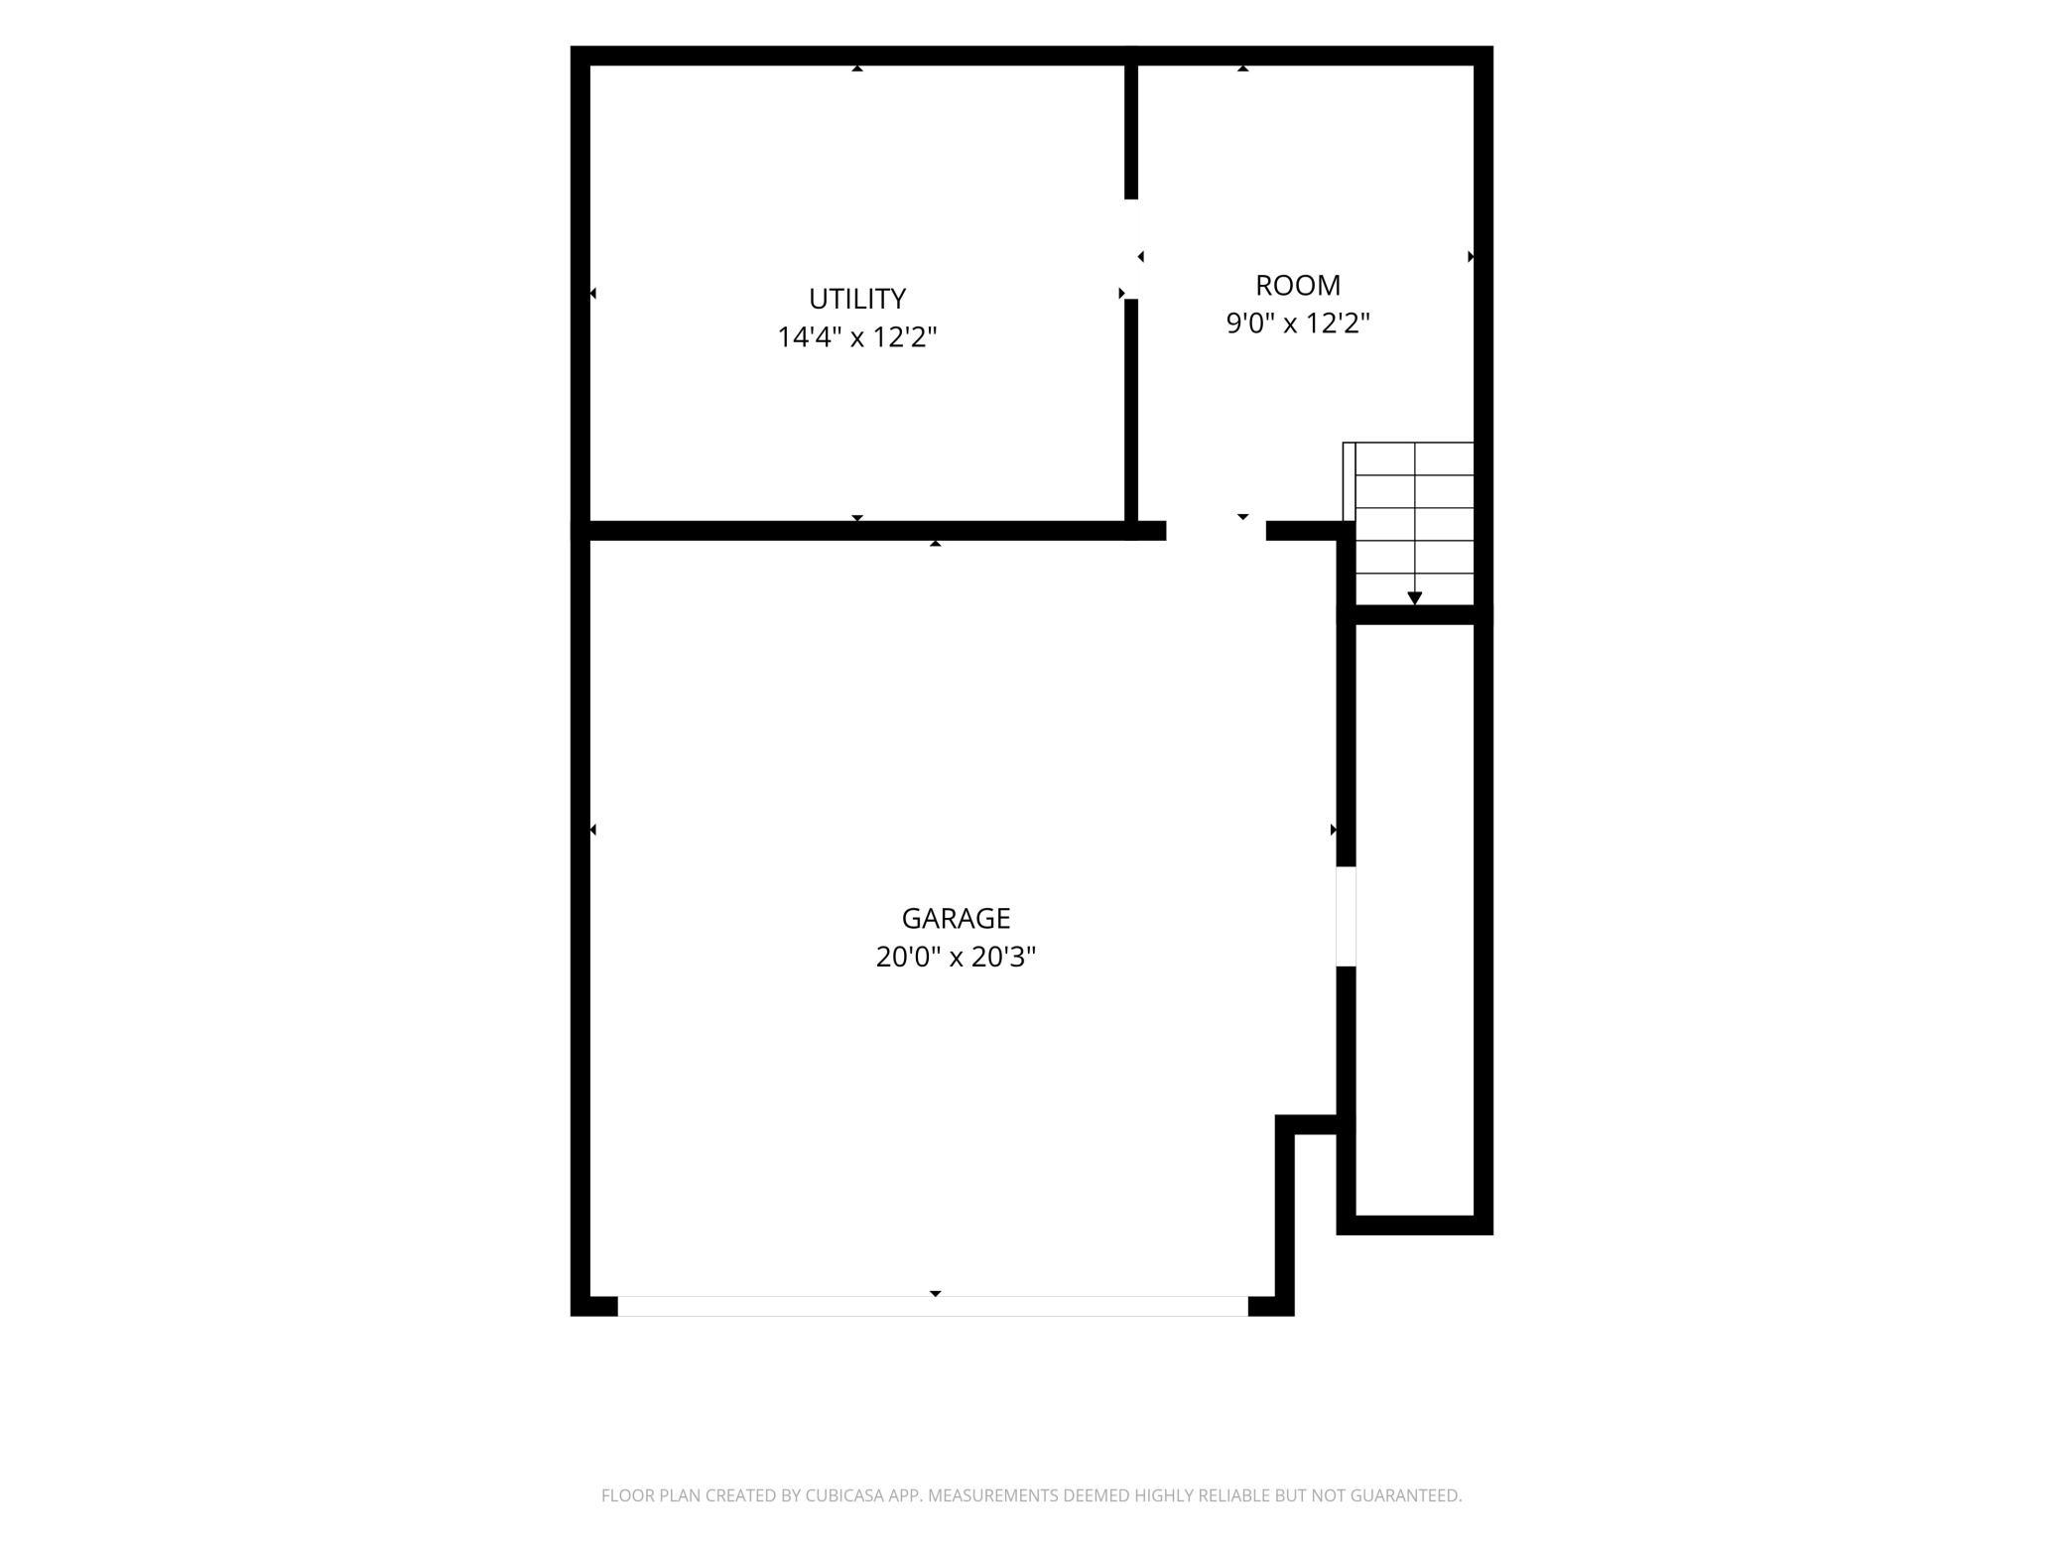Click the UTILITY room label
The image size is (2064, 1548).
click(x=857, y=299)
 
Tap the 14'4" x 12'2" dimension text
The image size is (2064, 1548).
click(x=857, y=337)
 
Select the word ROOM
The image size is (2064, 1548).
click(x=1298, y=286)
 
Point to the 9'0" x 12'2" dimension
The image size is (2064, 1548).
click(x=1298, y=323)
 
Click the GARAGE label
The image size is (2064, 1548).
click(x=956, y=918)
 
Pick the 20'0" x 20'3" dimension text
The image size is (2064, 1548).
click(x=956, y=957)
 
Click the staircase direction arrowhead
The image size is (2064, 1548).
click(x=1415, y=598)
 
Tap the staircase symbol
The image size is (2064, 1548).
click(x=1408, y=523)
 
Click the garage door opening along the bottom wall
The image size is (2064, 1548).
click(x=933, y=1306)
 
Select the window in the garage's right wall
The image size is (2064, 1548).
click(x=1347, y=917)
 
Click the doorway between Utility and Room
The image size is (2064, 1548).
click(x=1131, y=249)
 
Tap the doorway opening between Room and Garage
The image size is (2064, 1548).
click(x=1217, y=531)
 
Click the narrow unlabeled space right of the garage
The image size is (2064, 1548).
click(x=1415, y=920)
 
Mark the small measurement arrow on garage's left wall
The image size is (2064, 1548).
click(x=593, y=830)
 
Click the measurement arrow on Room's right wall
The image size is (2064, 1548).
click(x=1471, y=257)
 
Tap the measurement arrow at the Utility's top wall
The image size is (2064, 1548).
click(x=857, y=68)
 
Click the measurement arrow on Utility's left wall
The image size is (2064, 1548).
click(x=593, y=294)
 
